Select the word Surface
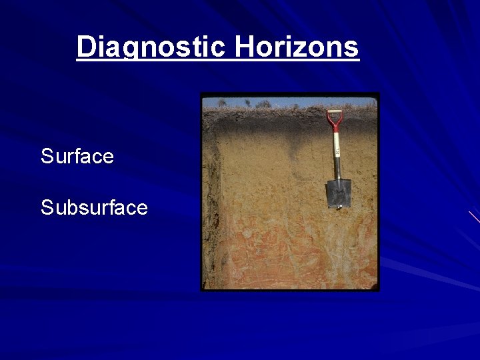[x=77, y=157]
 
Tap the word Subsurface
[x=94, y=208]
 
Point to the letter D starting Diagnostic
[x=85, y=47]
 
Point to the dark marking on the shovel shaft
[x=337, y=153]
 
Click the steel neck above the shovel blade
[x=337, y=173]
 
